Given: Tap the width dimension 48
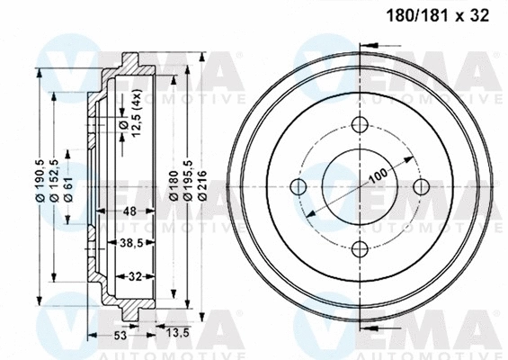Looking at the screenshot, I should (129, 211).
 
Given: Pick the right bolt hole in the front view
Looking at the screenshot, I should (423, 188).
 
